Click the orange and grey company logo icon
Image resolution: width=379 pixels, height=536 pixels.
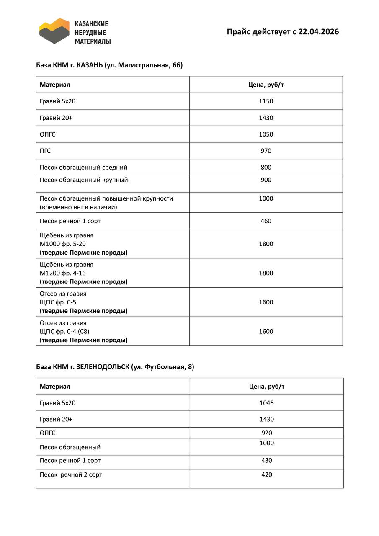[x=54, y=31]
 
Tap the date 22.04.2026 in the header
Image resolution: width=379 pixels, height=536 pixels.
[x=318, y=32]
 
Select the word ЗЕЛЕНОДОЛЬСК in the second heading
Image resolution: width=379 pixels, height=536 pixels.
[x=102, y=367]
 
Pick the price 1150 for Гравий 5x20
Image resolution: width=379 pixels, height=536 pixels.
[x=266, y=101]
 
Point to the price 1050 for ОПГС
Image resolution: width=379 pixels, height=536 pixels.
[x=266, y=134]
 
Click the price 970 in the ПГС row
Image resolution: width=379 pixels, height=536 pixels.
[x=266, y=151]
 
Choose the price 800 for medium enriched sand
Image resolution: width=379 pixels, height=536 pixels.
[x=266, y=167]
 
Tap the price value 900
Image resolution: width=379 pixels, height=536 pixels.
[x=266, y=180]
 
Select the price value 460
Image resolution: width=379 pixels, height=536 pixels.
[x=266, y=221]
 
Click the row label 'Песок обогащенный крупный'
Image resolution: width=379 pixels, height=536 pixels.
[x=84, y=180]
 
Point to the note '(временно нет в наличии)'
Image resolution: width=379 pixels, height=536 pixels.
[x=78, y=207]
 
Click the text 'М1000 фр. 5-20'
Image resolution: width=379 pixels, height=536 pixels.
[x=63, y=244]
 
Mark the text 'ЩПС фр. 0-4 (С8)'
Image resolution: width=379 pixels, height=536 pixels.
[x=64, y=331]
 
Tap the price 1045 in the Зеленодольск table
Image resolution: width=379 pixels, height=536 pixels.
[x=266, y=403]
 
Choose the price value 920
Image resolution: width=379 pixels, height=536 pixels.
[x=266, y=433]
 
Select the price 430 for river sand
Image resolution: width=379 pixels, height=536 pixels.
[x=266, y=460]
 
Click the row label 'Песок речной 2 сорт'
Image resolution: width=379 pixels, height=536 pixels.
[x=71, y=474]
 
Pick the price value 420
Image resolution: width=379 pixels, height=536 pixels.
[x=266, y=474]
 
